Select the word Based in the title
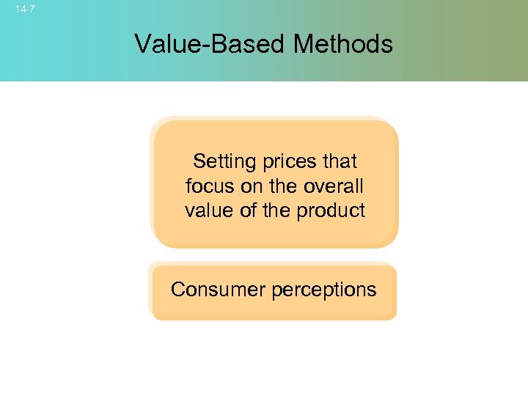click(x=246, y=44)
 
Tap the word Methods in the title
click(x=343, y=44)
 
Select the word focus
click(x=210, y=186)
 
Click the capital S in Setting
click(x=198, y=161)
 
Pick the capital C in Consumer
click(x=177, y=290)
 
